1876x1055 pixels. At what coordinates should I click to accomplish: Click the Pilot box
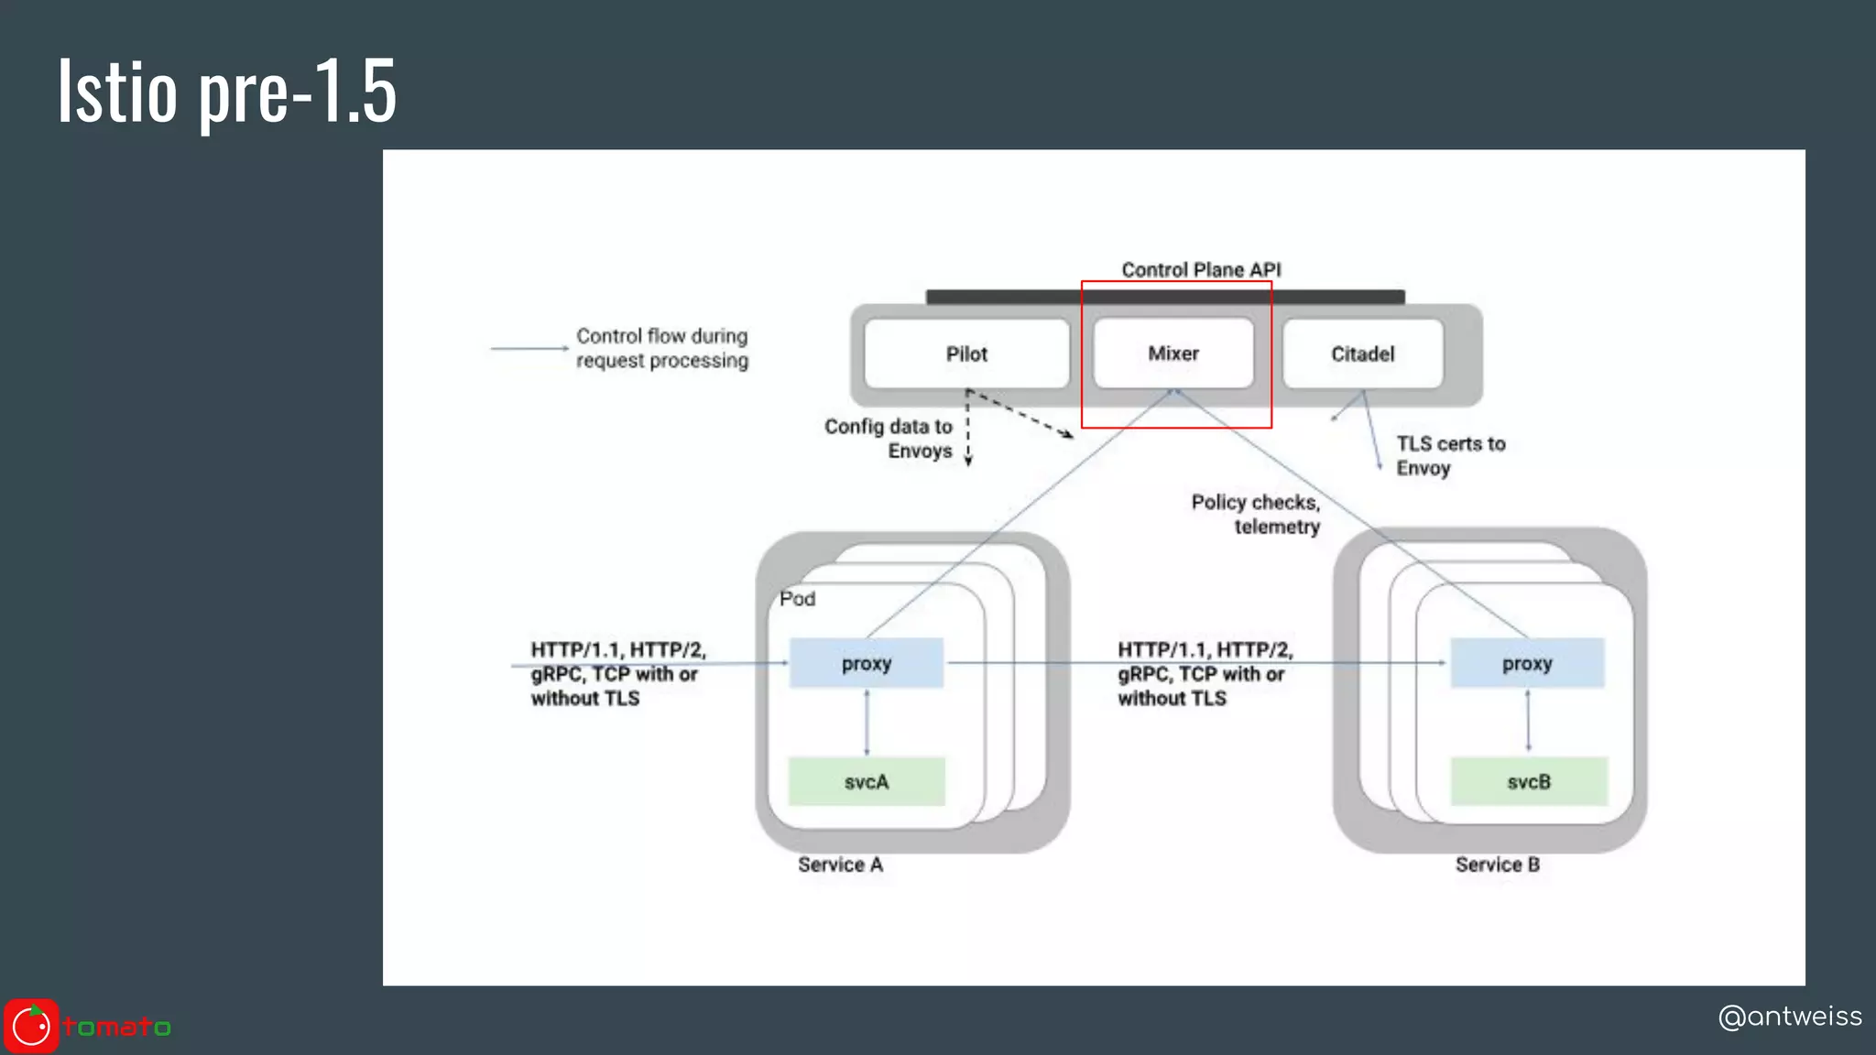click(966, 353)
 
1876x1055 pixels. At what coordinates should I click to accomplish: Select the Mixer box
click(1173, 353)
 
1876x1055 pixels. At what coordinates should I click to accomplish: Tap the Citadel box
click(1362, 353)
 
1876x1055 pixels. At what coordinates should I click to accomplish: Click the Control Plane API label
click(1201, 269)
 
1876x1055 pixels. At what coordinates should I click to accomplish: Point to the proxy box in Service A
click(866, 663)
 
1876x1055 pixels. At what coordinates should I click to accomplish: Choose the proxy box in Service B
click(1527, 663)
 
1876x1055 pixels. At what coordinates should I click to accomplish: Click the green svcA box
click(866, 781)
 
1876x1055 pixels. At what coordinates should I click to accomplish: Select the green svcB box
click(1529, 781)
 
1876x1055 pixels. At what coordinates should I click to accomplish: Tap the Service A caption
click(840, 865)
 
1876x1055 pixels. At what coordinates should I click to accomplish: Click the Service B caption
click(1498, 865)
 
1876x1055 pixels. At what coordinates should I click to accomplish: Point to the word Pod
click(797, 599)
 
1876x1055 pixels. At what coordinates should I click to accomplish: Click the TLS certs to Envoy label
click(1450, 455)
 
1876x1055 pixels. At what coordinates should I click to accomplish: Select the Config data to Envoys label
click(889, 439)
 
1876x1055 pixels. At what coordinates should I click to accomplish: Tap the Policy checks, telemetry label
click(1256, 514)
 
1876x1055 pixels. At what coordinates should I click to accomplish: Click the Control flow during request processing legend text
click(661, 348)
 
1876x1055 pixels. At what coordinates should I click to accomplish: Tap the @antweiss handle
click(1790, 1017)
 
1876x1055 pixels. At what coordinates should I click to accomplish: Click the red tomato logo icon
click(31, 1027)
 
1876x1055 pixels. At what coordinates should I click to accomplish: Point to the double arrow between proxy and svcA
click(867, 723)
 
